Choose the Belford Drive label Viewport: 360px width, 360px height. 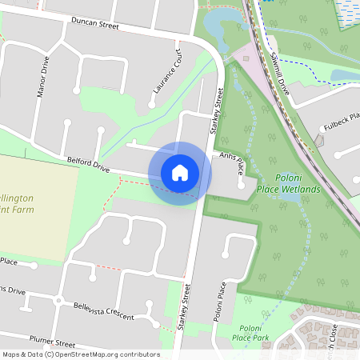click(x=88, y=165)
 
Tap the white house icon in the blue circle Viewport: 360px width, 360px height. click(x=180, y=173)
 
